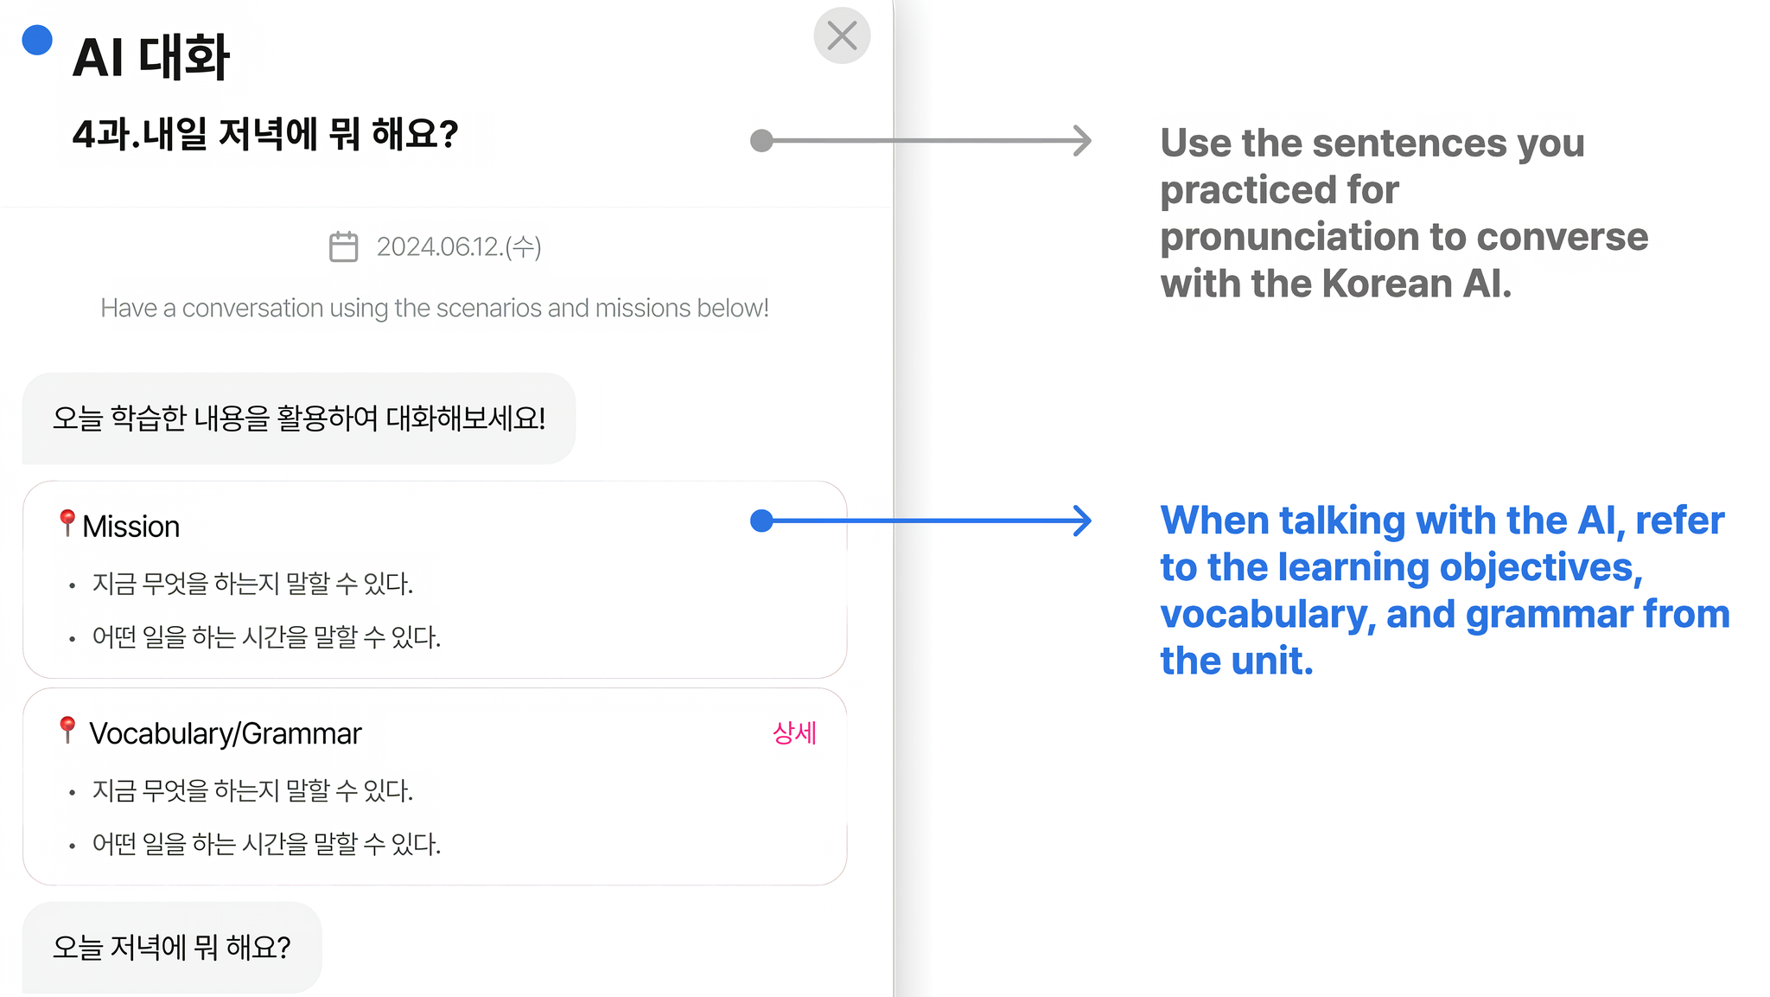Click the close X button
coord(842,35)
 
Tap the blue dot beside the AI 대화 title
coord(37,40)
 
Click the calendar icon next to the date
coord(343,246)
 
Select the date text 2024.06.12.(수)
coord(459,247)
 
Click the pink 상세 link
coord(794,733)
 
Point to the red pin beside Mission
coord(67,522)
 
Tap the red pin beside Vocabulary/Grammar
coord(67,730)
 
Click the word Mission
coord(131,527)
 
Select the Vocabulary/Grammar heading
coord(226,733)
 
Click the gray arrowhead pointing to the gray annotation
coord(1082,140)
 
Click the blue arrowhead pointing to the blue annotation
coord(1082,521)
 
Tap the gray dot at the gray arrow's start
coord(761,140)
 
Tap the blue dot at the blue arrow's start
coord(761,521)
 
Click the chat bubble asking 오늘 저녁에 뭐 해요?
coord(172,948)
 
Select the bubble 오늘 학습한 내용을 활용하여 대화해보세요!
coord(299,419)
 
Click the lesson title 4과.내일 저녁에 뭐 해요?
coord(265,134)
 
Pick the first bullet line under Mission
coord(252,584)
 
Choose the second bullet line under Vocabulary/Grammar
coord(266,844)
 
